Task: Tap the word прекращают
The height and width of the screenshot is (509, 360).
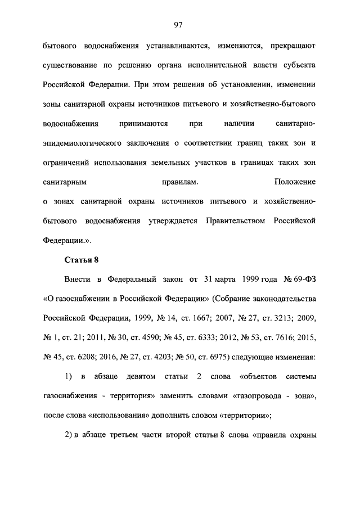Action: click(x=290, y=46)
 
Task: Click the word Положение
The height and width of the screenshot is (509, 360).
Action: click(x=295, y=182)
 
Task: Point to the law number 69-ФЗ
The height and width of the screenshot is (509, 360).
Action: click(x=301, y=279)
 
